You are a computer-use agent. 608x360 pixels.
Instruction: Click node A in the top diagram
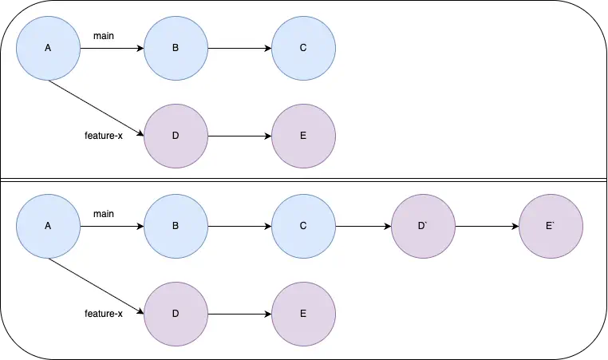pyautogui.click(x=48, y=49)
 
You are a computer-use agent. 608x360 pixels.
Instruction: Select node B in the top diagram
pyautogui.click(x=176, y=49)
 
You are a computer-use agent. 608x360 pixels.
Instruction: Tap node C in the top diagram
pyautogui.click(x=303, y=49)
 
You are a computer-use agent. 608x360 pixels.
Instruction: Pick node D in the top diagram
pyautogui.click(x=176, y=135)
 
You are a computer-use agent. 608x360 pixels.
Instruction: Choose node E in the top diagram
pyautogui.click(x=303, y=135)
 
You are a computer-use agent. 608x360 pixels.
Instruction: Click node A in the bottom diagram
pyautogui.click(x=48, y=227)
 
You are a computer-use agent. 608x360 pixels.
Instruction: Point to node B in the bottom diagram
pyautogui.click(x=176, y=227)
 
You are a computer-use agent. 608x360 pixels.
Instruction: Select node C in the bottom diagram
pyautogui.click(x=303, y=227)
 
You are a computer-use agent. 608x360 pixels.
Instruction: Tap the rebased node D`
pyautogui.click(x=424, y=227)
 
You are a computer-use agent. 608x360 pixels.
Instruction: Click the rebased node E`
pyautogui.click(x=551, y=227)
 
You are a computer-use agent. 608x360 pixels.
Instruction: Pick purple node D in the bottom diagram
pyautogui.click(x=176, y=314)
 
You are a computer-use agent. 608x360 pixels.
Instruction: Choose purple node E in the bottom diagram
pyautogui.click(x=303, y=314)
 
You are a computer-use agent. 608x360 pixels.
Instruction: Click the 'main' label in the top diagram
pyautogui.click(x=103, y=36)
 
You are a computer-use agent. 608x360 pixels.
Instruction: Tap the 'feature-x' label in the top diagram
pyautogui.click(x=103, y=136)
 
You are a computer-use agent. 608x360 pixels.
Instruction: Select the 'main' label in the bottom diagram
pyautogui.click(x=103, y=214)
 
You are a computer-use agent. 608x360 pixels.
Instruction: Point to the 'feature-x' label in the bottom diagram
pyautogui.click(x=103, y=314)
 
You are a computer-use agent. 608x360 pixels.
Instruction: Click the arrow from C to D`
pyautogui.click(x=363, y=227)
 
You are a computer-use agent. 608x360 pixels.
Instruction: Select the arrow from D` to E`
pyautogui.click(x=487, y=227)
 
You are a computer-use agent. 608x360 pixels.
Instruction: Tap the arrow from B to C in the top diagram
pyautogui.click(x=239, y=49)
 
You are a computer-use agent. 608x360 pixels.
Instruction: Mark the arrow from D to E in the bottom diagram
pyautogui.click(x=239, y=314)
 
